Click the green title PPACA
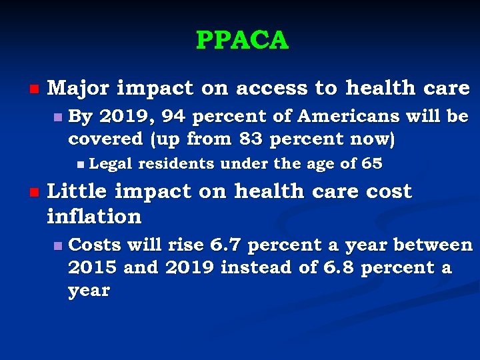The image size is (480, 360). pyautogui.click(x=242, y=41)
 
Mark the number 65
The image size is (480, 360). pyautogui.click(x=372, y=164)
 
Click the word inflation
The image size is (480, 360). pyautogui.click(x=94, y=216)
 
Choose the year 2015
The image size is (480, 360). pyautogui.click(x=93, y=268)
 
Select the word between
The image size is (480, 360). pyautogui.click(x=432, y=245)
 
